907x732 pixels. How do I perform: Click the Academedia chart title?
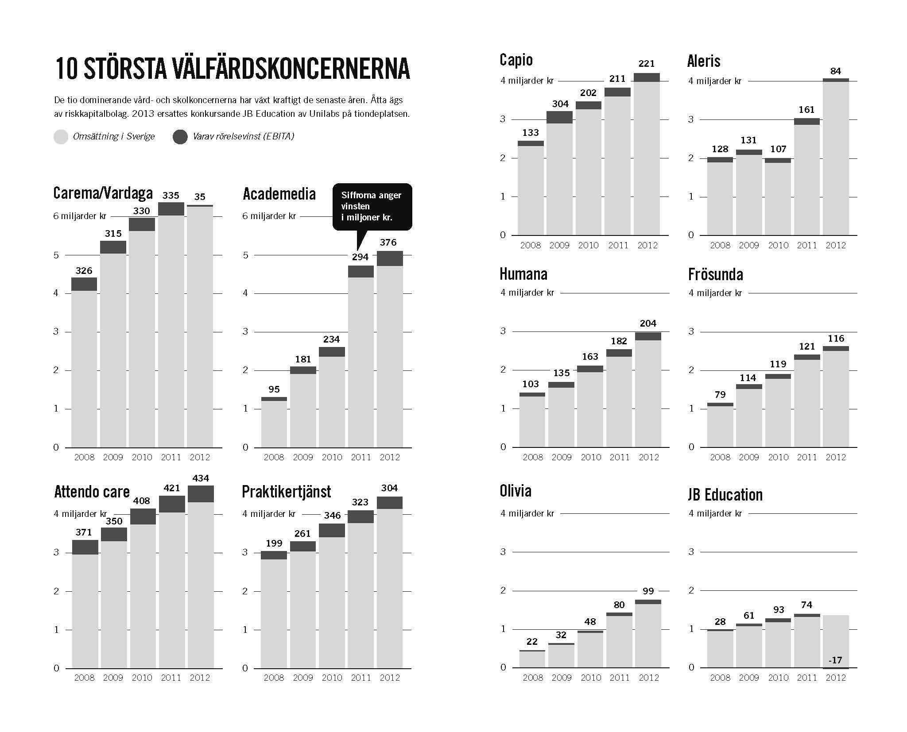(279, 194)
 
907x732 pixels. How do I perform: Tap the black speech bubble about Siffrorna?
(372, 207)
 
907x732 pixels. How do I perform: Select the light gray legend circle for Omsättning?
(61, 137)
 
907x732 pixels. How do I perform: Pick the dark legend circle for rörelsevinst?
(180, 137)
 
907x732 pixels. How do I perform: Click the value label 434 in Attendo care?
(201, 478)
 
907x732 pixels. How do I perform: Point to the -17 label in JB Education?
(835, 660)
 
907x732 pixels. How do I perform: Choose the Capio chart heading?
(516, 60)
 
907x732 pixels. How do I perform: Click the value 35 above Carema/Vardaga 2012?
(200, 196)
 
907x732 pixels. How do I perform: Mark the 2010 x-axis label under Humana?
(591, 457)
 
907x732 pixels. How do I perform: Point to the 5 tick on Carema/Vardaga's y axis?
(56, 255)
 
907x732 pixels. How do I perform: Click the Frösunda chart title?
(715, 275)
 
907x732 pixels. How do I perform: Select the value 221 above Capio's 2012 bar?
(647, 64)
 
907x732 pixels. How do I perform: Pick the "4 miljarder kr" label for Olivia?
(527, 513)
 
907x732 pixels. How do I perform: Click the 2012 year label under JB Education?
(836, 678)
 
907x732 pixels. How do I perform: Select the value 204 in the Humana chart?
(648, 324)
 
